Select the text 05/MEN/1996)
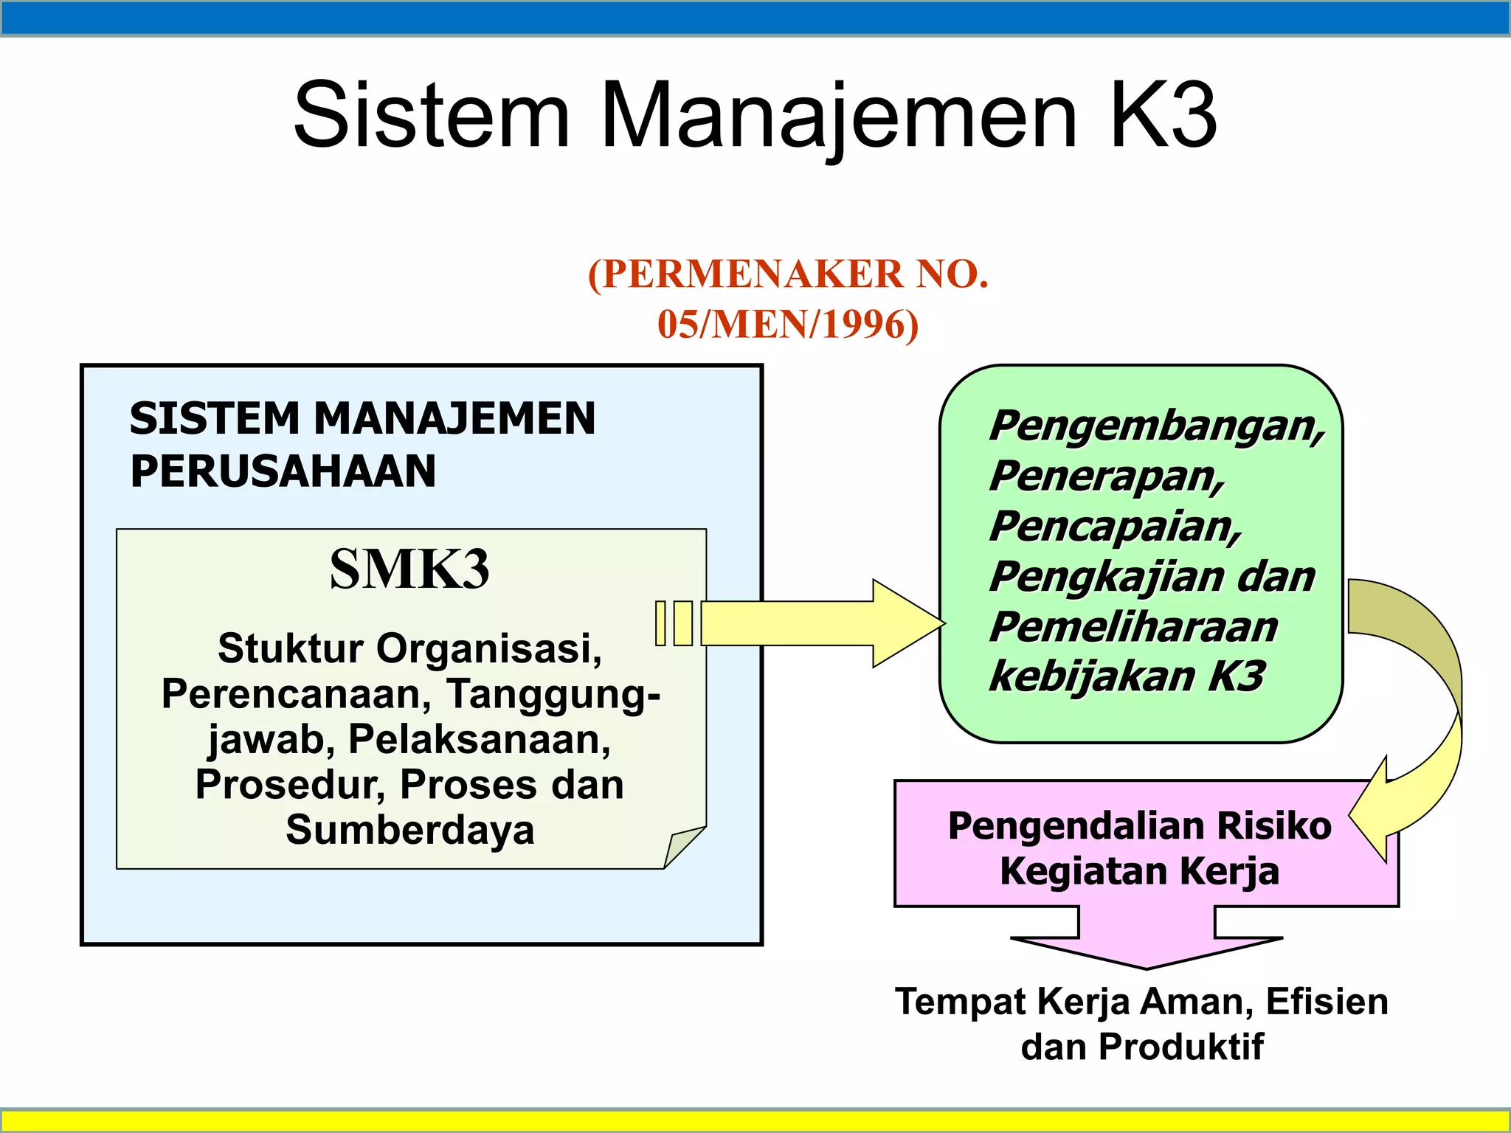(x=788, y=325)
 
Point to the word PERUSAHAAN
(x=283, y=471)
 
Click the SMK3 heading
(x=409, y=569)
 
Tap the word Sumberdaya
(x=409, y=830)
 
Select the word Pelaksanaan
(x=479, y=739)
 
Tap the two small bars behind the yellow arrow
(x=674, y=623)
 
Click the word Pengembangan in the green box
(x=1155, y=426)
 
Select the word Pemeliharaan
(x=1133, y=627)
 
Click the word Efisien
(x=1327, y=1002)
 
